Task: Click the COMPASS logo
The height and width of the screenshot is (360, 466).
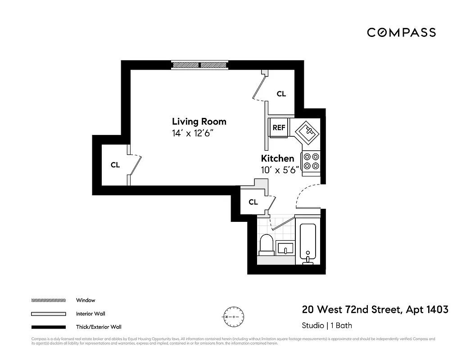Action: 401,32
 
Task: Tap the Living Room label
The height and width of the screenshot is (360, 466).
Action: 199,121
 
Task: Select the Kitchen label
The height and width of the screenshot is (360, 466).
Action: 277,158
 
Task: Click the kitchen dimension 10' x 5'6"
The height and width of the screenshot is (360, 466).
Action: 280,170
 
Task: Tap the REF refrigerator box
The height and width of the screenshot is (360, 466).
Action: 279,128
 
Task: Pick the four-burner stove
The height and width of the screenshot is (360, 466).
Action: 311,162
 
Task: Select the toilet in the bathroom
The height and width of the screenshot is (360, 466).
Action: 266,245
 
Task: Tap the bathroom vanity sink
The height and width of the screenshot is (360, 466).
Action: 285,248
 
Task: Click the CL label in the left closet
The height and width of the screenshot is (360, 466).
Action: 115,165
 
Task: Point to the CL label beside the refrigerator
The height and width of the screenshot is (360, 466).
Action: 281,94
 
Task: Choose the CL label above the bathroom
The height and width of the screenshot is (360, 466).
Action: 253,202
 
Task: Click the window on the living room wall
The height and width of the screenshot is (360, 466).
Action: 199,65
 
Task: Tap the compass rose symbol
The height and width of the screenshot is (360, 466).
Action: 234,317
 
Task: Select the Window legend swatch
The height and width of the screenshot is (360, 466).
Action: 48,300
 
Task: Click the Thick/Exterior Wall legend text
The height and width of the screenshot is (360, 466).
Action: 99,327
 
